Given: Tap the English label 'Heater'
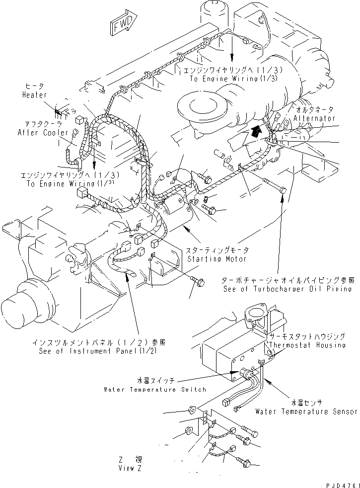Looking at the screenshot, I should coord(35,95).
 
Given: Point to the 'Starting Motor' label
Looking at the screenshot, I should coord(216,259).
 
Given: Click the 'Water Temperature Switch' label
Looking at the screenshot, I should coord(154,389).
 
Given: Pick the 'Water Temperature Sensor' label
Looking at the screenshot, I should coord(306,411).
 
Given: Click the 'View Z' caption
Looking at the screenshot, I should coord(130,468).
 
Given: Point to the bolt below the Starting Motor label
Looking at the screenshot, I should coord(195,281).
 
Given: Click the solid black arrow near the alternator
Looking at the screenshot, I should coord(256,131).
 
